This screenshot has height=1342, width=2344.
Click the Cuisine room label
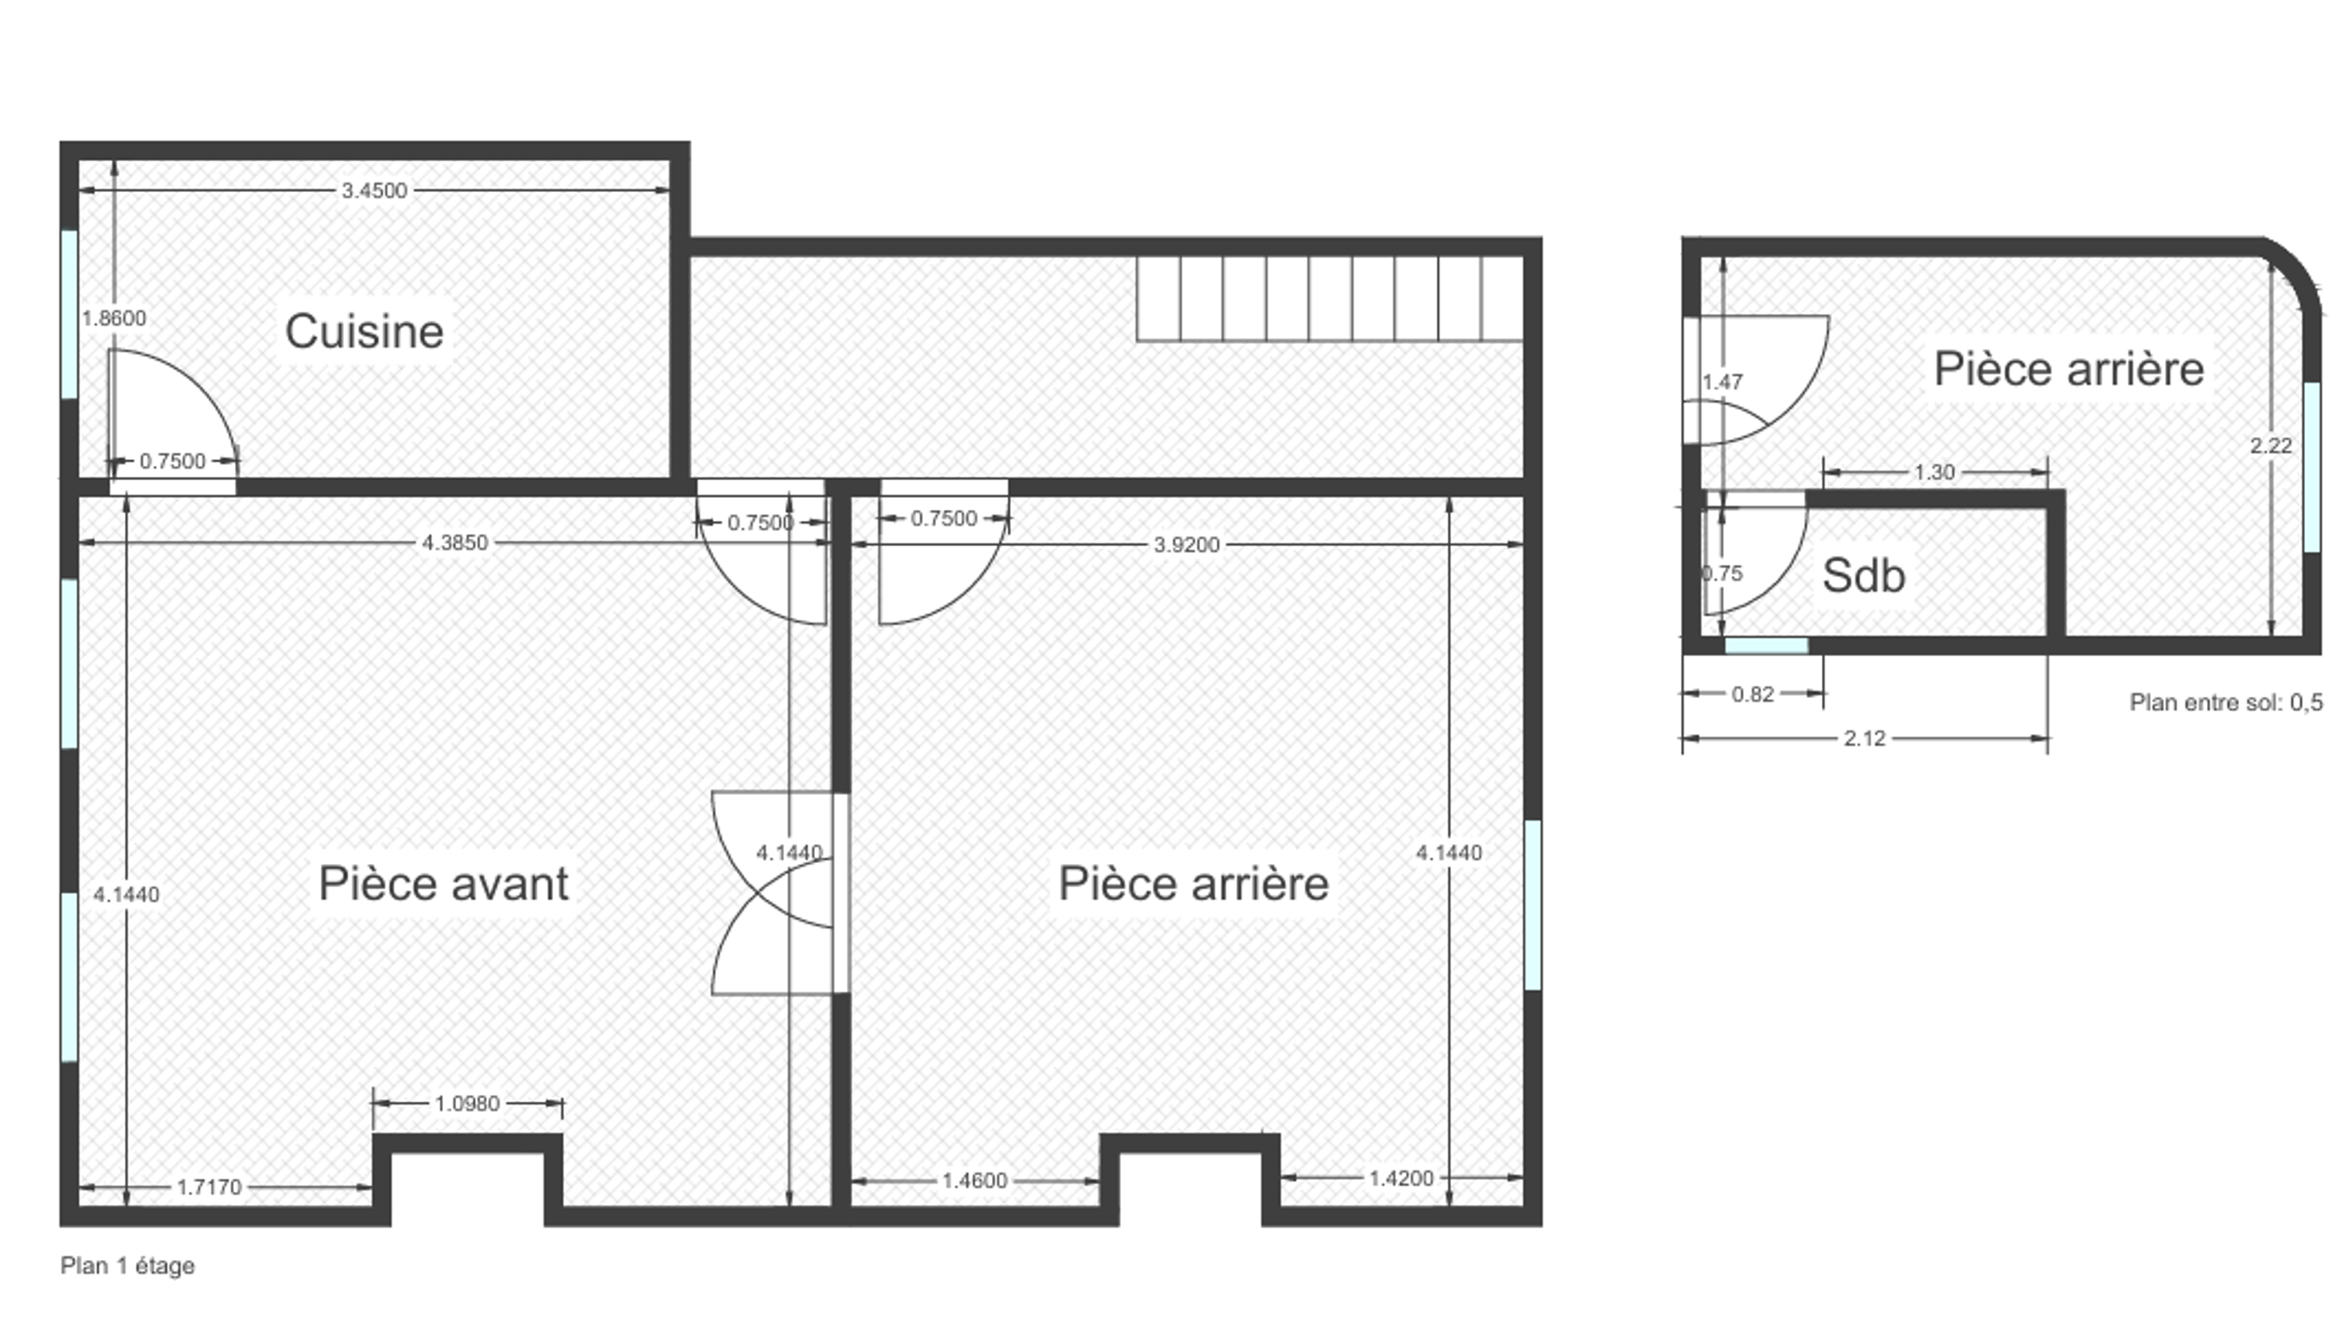click(x=365, y=332)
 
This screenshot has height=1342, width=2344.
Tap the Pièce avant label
click(x=444, y=883)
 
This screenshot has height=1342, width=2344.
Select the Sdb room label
click(x=1864, y=576)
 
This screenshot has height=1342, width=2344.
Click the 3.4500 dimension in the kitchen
click(x=374, y=190)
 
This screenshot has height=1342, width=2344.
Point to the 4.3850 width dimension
click(x=455, y=542)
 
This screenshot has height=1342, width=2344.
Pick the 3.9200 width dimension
click(x=1187, y=544)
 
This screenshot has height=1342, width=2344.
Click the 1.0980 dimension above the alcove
click(x=467, y=1103)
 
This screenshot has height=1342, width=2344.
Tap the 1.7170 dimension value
click(x=209, y=1187)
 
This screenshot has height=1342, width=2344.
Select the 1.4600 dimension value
click(x=975, y=1181)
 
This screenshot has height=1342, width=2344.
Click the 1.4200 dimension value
click(x=1401, y=1178)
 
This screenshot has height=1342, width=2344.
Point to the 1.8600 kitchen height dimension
click(x=114, y=318)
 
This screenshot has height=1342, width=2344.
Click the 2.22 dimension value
click(x=2271, y=445)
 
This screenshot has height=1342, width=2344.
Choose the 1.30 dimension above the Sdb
click(x=1935, y=472)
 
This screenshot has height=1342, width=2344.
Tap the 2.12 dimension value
click(x=1865, y=738)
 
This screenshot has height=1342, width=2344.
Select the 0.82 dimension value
click(x=1753, y=694)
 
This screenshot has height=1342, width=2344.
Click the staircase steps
click(x=1330, y=299)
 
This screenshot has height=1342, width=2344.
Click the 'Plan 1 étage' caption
click(x=128, y=1266)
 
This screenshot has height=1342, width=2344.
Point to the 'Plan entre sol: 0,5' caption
click(x=2227, y=703)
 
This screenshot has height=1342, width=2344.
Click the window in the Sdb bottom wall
click(x=1767, y=646)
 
